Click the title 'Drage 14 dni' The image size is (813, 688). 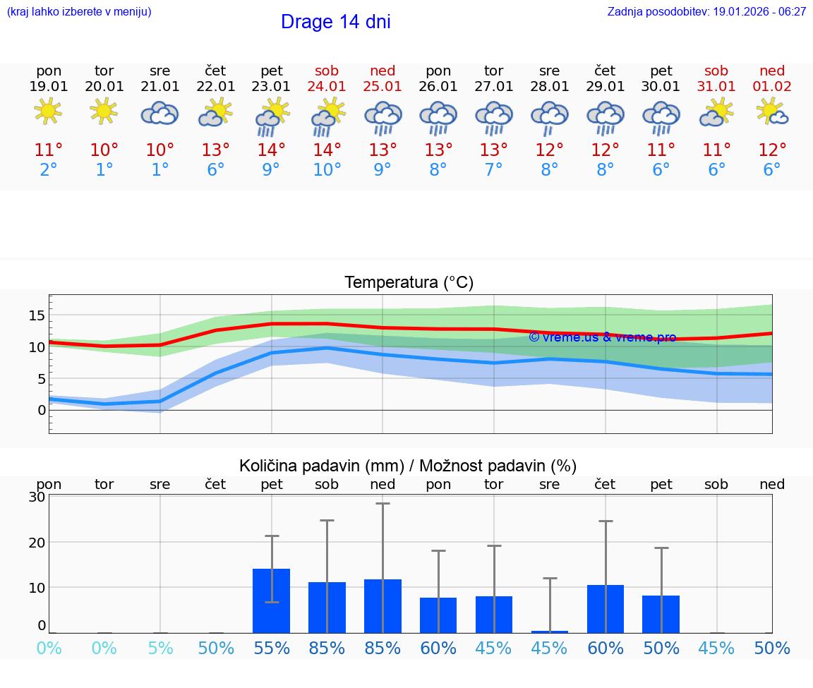[x=335, y=22]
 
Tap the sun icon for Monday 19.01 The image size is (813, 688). [x=48, y=111]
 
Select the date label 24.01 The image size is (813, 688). [x=327, y=87]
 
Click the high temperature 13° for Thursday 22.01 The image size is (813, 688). [x=216, y=150]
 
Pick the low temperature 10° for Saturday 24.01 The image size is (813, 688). [x=327, y=170]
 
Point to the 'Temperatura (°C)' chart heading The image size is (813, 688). [x=409, y=283]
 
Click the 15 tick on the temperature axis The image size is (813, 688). [x=37, y=315]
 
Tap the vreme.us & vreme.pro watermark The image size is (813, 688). [x=602, y=337]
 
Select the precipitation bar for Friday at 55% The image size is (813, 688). [x=271, y=601]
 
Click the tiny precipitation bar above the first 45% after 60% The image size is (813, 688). [x=550, y=632]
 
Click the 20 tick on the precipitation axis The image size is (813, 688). [x=37, y=542]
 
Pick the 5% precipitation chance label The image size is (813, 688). [x=160, y=648]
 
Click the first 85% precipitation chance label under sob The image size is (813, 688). [x=327, y=648]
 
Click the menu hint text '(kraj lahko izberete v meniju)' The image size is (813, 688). [x=79, y=12]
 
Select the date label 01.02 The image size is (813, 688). [x=772, y=87]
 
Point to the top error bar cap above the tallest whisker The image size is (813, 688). [x=383, y=503]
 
